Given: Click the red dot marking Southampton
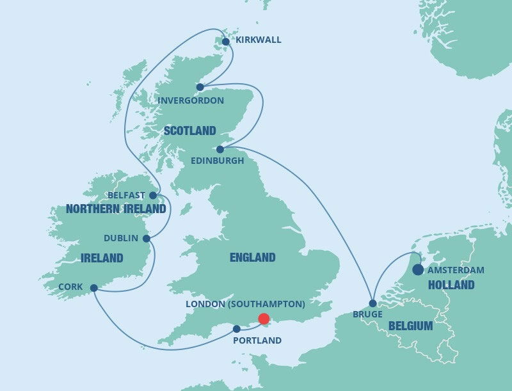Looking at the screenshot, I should point(264,319).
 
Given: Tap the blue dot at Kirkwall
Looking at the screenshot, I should point(225,42).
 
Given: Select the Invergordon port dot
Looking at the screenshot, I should point(200,87).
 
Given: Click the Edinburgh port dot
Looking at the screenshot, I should point(220,149).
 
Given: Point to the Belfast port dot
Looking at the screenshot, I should point(153,195).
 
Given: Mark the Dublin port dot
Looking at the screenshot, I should point(147,239).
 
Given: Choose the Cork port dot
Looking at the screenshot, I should point(94,288).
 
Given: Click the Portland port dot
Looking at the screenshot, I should point(237,329).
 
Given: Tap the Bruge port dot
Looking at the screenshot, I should point(372,303).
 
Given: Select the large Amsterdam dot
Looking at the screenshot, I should point(418,270).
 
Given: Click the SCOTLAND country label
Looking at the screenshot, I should point(189,131).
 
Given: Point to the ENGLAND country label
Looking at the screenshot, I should point(252,258).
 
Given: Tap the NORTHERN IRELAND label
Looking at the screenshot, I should point(116,209).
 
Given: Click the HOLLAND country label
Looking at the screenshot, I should point(451,285).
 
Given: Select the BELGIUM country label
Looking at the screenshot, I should point(411,326).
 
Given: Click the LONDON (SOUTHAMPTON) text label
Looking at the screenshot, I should point(245,303).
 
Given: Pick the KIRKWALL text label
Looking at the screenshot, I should point(259,40).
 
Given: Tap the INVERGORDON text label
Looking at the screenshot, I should point(191,100).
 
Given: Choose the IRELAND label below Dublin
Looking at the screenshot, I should point(102,259).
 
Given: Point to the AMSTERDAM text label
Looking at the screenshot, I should point(456,270).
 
